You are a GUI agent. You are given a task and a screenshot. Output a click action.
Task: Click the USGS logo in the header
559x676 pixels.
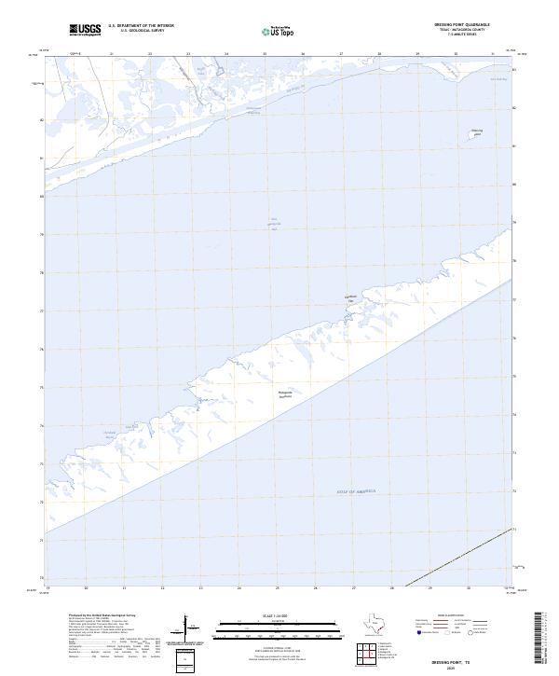coord(85,31)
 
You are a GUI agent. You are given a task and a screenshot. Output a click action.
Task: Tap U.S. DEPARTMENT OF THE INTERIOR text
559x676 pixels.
coord(141,26)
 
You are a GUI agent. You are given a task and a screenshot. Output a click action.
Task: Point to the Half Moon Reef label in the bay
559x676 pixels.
coord(275,224)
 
